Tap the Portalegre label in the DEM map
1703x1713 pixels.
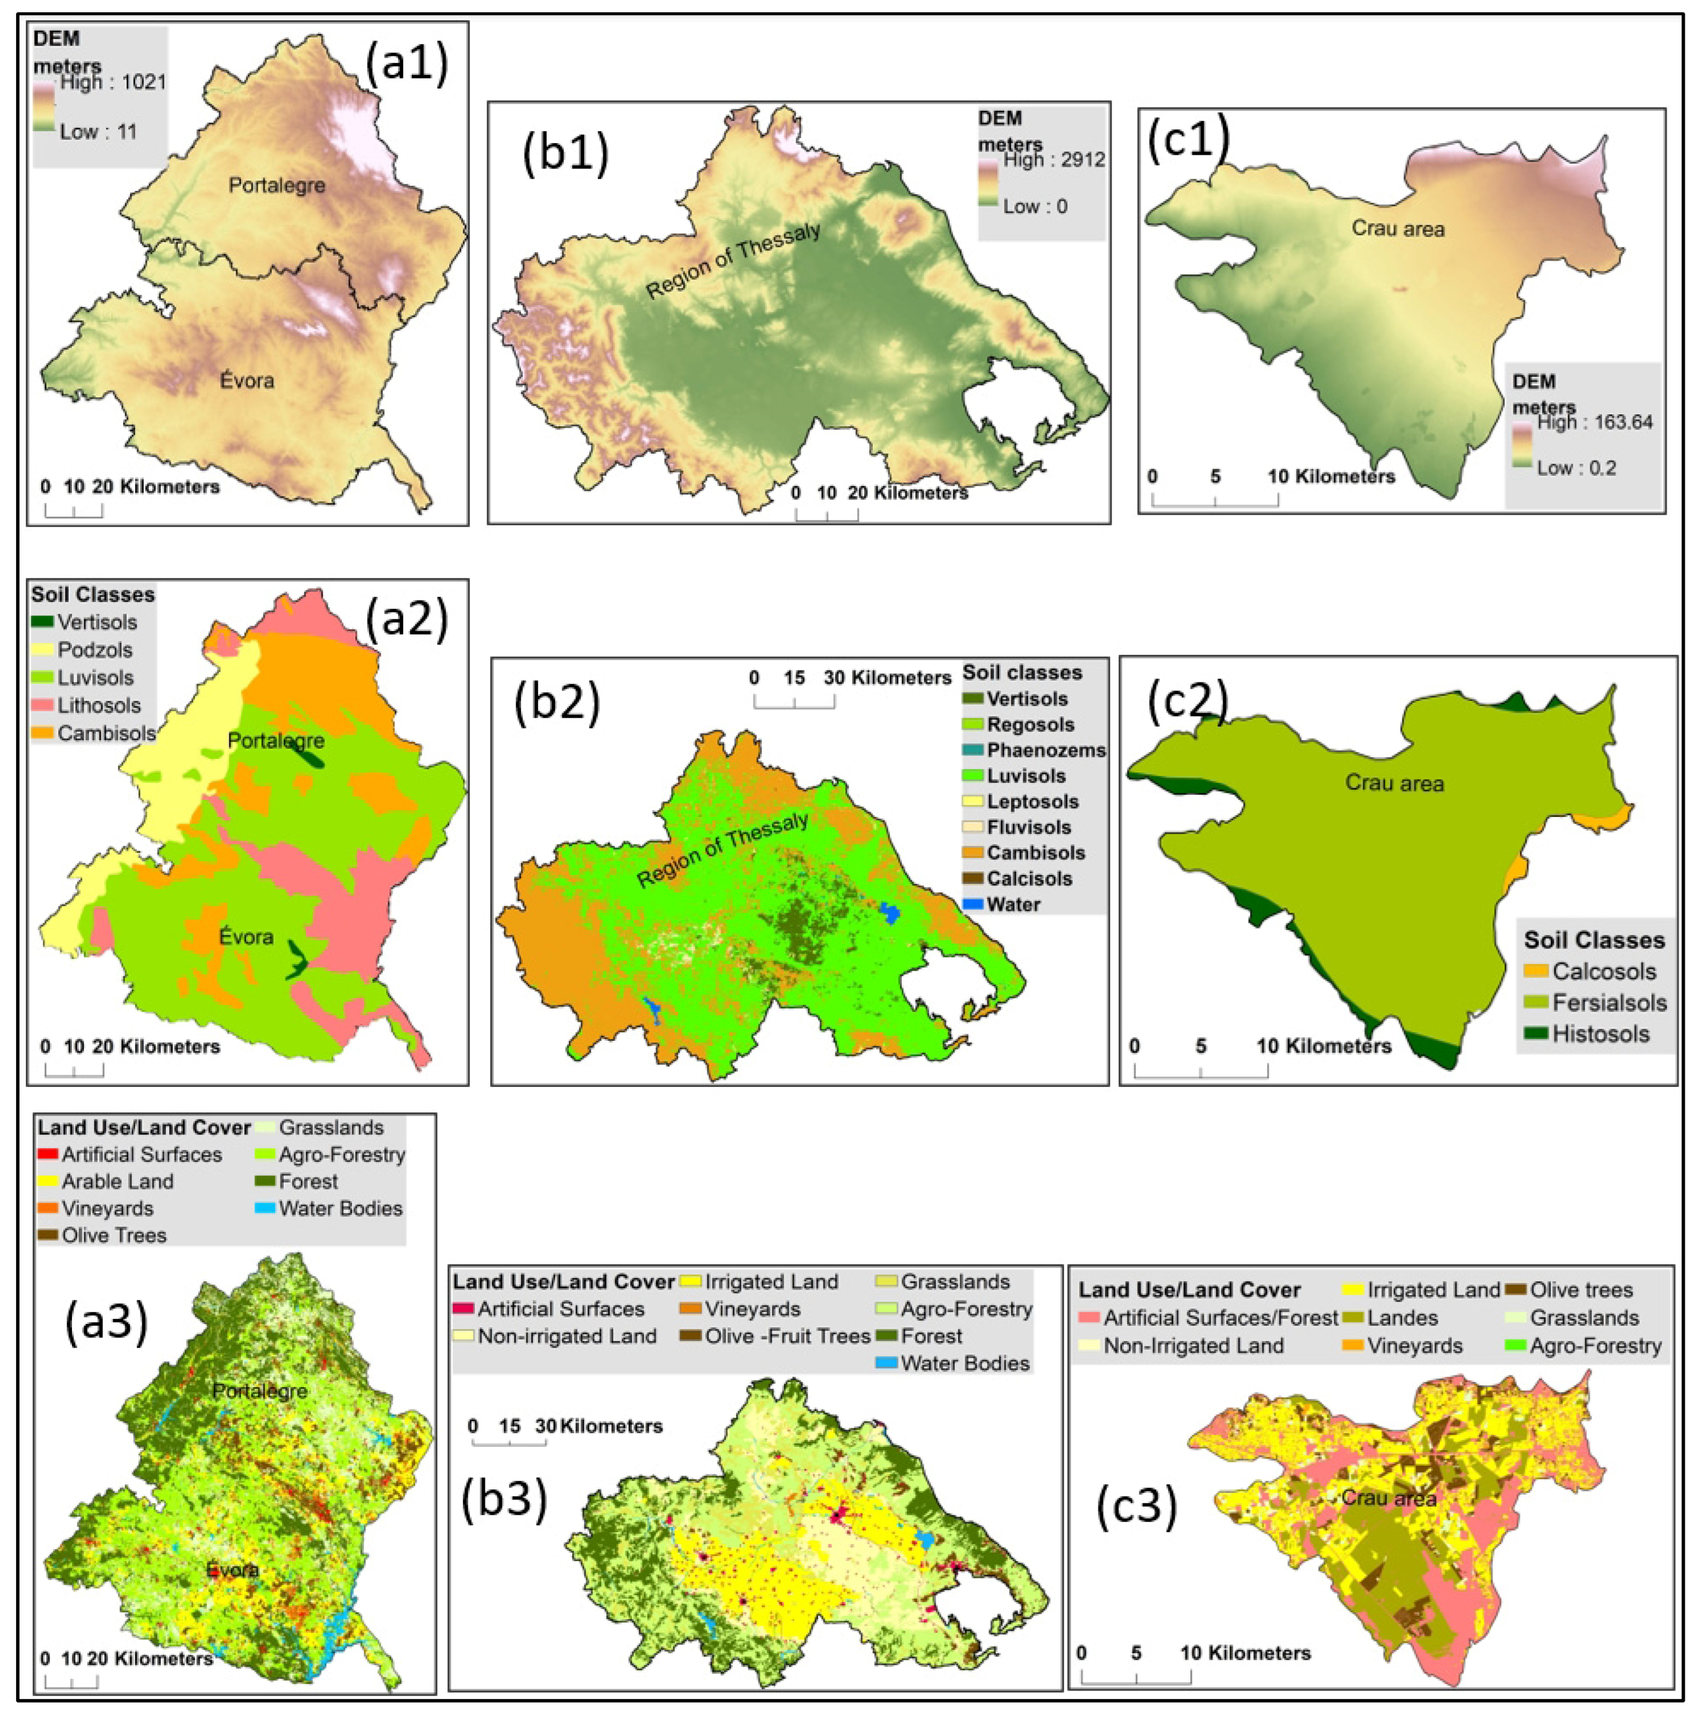click(x=277, y=185)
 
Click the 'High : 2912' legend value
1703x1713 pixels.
click(x=1054, y=159)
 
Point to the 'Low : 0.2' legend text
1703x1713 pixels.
click(x=1576, y=468)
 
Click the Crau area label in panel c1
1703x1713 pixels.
click(x=1398, y=229)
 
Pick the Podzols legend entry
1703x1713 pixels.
click(x=94, y=650)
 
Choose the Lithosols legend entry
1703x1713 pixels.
click(x=98, y=706)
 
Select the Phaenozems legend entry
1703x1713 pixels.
click(x=1045, y=750)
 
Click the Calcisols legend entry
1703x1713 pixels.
click(x=1029, y=879)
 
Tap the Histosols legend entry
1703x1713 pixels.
click(x=1599, y=1034)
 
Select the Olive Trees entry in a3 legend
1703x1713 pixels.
click(x=112, y=1235)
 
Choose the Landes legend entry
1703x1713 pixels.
click(x=1401, y=1317)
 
